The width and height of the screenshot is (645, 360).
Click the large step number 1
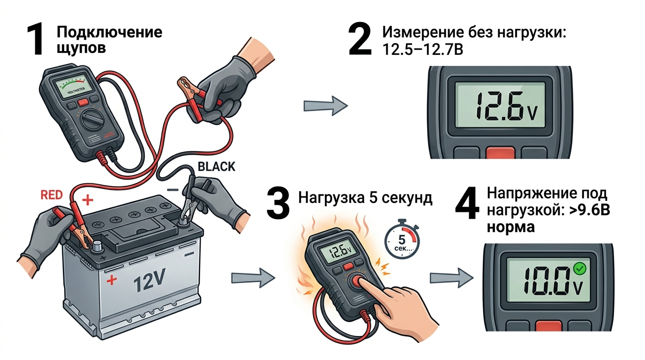coord(36,40)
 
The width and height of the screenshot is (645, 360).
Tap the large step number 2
coord(360,40)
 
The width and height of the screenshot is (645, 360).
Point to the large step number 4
coord(467,203)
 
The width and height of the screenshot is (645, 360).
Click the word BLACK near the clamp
coord(217,167)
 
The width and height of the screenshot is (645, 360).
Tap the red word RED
coord(52,195)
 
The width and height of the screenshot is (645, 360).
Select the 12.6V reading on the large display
coord(506,106)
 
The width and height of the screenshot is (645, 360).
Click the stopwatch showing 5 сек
coord(402,241)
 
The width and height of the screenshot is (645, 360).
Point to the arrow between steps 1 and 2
coord(326,106)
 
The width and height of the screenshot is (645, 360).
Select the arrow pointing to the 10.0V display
coord(451,277)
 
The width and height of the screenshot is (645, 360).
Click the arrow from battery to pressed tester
coord(253,278)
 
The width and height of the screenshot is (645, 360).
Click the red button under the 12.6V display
coord(501,153)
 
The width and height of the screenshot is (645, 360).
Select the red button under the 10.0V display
coord(548,325)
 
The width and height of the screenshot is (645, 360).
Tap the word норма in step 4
coord(511,227)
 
